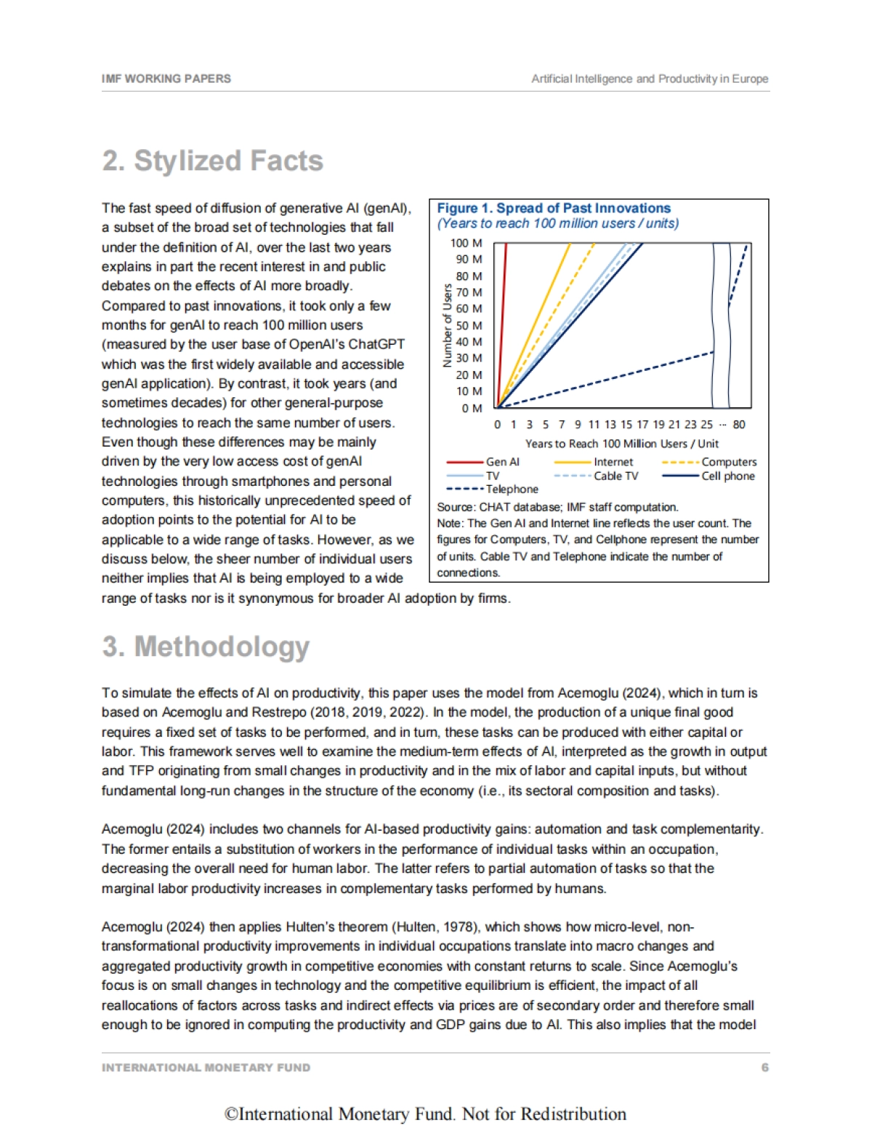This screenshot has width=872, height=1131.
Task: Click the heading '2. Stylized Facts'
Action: point(212,161)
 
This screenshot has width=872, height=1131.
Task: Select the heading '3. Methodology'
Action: point(206,646)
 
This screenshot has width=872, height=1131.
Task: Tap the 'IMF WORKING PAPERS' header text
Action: point(166,79)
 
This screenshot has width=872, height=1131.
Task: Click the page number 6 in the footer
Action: point(764,1068)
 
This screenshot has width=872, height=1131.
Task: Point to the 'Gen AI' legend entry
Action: point(502,462)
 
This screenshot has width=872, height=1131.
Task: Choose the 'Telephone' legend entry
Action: point(512,489)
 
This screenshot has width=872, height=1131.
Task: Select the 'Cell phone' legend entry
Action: point(727,476)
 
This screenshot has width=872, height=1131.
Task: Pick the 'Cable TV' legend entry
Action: point(615,476)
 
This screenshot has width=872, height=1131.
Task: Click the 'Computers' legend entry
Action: point(729,462)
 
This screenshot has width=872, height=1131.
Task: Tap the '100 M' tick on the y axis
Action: point(467,243)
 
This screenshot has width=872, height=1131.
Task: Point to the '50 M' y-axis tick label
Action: point(469,325)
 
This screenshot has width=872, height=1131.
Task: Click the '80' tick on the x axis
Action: point(739,425)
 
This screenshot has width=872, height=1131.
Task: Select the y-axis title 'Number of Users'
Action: point(448,325)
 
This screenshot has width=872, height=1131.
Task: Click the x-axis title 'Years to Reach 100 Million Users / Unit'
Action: point(621,444)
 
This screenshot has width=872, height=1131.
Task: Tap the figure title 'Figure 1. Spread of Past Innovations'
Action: point(554,209)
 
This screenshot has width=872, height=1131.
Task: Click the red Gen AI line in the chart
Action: point(502,320)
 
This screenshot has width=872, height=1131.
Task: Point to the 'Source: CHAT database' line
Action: point(557,507)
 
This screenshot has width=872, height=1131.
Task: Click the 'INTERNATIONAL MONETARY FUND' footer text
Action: point(206,1068)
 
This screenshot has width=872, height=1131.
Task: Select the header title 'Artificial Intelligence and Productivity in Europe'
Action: point(650,79)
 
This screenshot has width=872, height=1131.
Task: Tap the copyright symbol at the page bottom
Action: point(231,1114)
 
